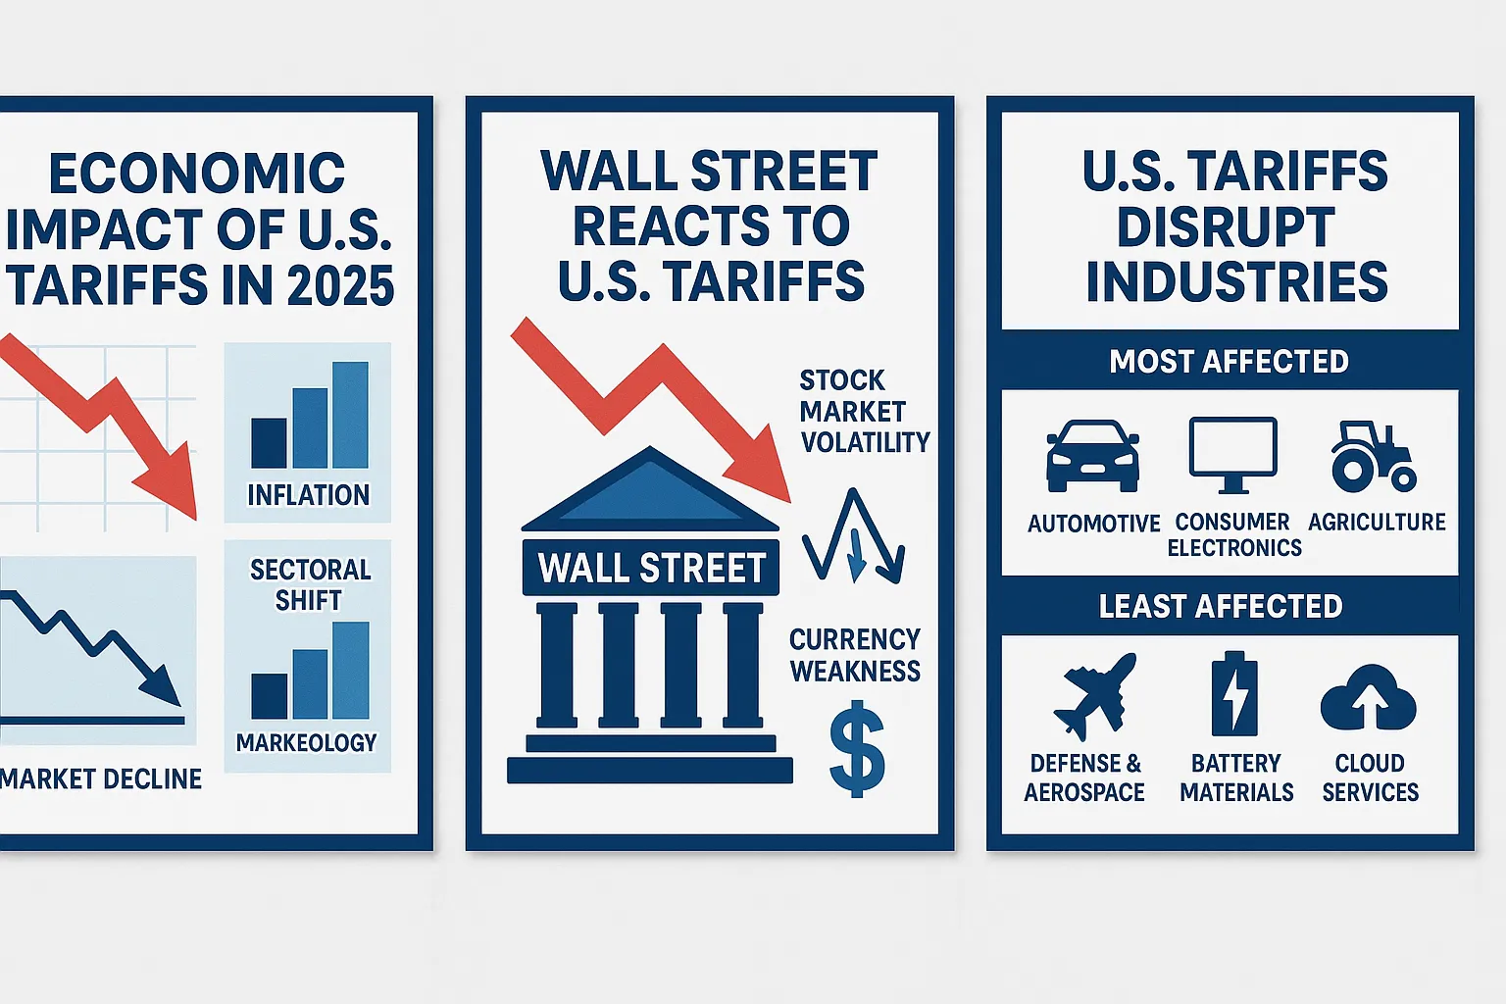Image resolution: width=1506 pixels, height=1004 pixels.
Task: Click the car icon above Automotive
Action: pyautogui.click(x=1092, y=456)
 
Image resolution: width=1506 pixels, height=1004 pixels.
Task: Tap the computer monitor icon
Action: pyautogui.click(x=1232, y=453)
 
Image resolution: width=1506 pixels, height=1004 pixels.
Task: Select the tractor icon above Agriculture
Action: pyautogui.click(x=1373, y=456)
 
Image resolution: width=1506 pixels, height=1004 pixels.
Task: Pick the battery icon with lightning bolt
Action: pyautogui.click(x=1234, y=694)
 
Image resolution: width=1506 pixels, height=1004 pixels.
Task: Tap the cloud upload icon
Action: pyautogui.click(x=1369, y=696)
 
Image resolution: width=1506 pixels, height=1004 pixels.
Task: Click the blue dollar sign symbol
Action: pyautogui.click(x=857, y=749)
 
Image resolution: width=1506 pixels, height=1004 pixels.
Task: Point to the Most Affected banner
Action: pyautogui.click(x=1229, y=361)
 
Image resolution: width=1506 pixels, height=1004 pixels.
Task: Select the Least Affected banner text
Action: pyautogui.click(x=1220, y=606)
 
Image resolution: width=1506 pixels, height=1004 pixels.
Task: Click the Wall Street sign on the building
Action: pyautogui.click(x=652, y=568)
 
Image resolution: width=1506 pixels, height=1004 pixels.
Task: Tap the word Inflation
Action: pyautogui.click(x=308, y=495)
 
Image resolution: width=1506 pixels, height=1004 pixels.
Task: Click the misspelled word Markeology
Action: pyautogui.click(x=306, y=742)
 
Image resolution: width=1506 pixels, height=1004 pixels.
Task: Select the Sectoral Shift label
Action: pyautogui.click(x=310, y=584)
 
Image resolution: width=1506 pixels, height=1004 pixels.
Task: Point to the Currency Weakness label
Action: pyautogui.click(x=855, y=655)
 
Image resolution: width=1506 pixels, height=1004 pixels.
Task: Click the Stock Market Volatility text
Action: pyautogui.click(x=863, y=411)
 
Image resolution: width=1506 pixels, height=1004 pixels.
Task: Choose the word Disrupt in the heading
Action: pyautogui.click(x=1225, y=226)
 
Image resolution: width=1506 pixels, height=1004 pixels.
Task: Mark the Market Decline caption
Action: pyautogui.click(x=101, y=778)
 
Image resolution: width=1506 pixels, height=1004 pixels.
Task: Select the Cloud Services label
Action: pyautogui.click(x=1370, y=778)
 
